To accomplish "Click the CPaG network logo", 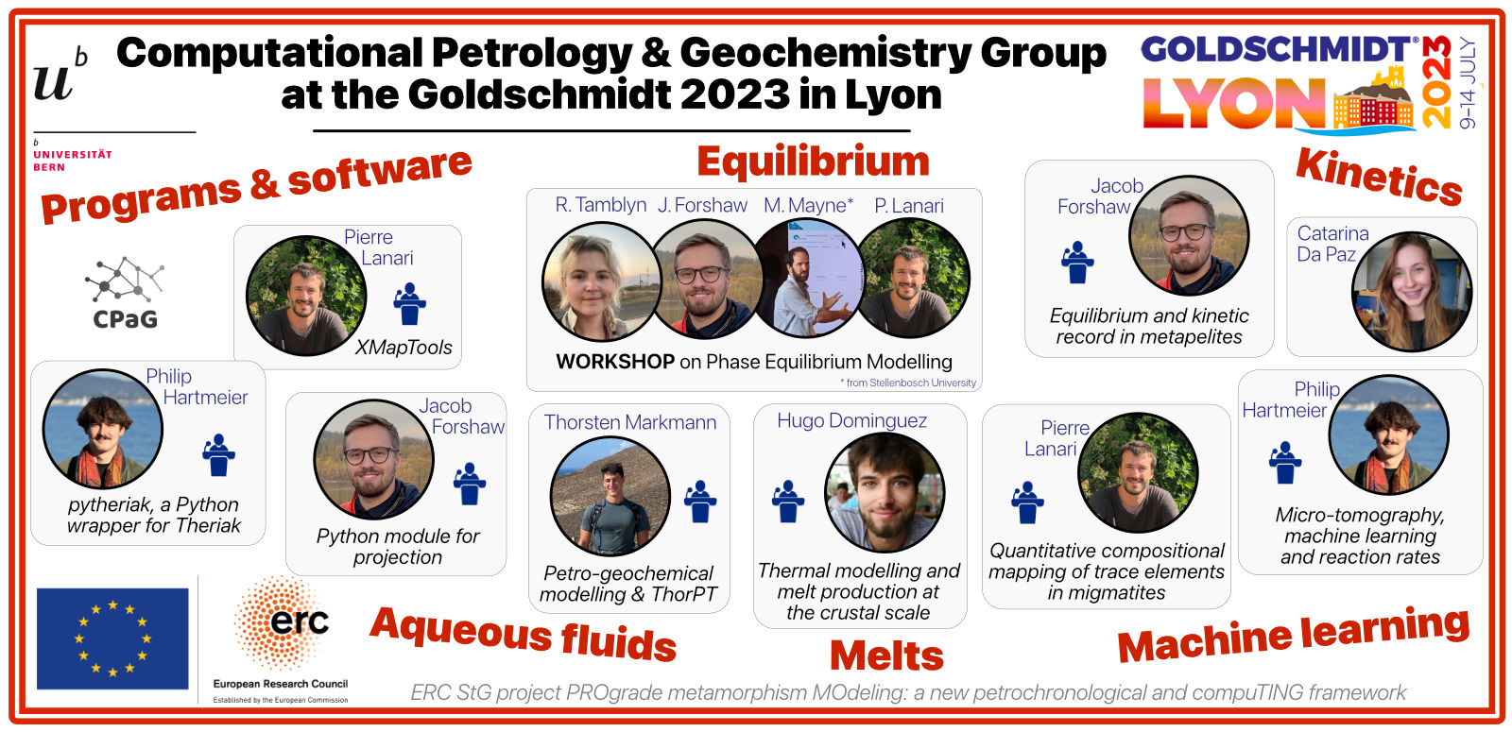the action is point(124,292).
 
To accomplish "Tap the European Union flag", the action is point(112,638).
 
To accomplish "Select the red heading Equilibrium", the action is point(813,162).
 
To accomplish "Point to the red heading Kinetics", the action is point(1379,177).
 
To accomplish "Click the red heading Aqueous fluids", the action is point(524,634).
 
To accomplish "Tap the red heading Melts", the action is point(886,655).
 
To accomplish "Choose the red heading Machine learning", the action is point(1294,634).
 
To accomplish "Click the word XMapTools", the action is point(404,348).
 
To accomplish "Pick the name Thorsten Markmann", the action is point(629,422).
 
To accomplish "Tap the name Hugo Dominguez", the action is point(851,421).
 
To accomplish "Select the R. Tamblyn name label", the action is point(600,205).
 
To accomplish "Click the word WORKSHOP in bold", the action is point(615,362).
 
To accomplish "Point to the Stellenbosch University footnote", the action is point(908,383).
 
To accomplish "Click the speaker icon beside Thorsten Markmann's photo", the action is point(700,502).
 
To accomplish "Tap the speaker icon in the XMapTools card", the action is point(409,304).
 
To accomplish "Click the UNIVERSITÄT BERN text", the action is point(73,161).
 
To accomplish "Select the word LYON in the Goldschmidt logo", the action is point(1235,103).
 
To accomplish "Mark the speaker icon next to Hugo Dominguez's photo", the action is point(788,502).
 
